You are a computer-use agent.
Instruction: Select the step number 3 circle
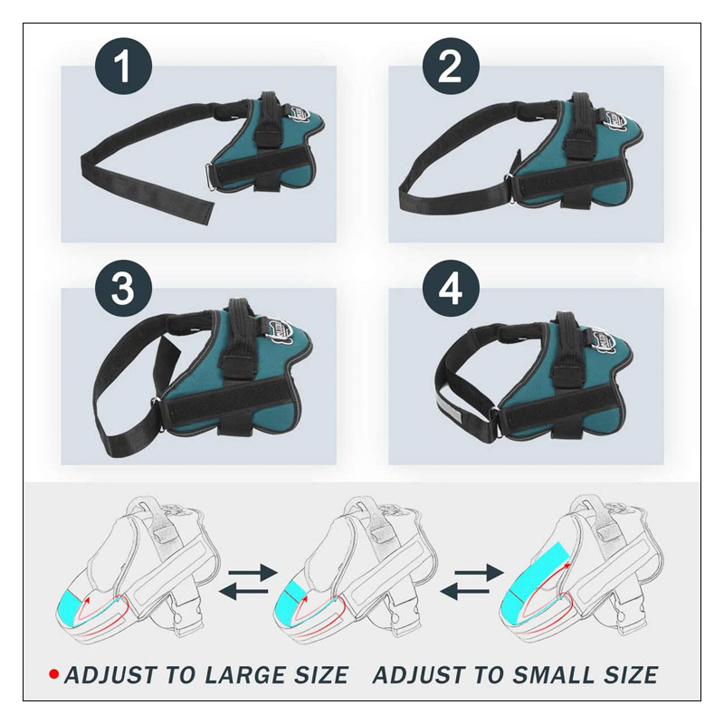(124, 290)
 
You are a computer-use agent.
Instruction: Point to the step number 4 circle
(451, 290)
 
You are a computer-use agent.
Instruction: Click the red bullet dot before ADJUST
(53, 675)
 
